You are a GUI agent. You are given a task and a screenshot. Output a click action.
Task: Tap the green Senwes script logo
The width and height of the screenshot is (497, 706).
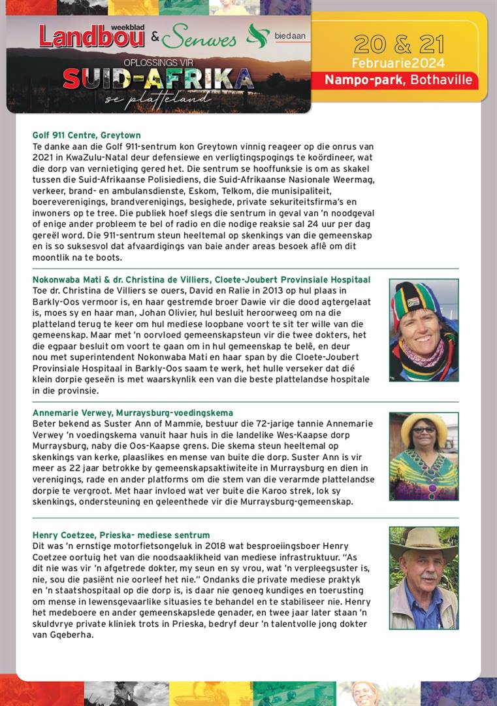coord(199,39)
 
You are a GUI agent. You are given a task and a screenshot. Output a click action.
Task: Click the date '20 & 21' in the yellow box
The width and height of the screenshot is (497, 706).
coord(398,44)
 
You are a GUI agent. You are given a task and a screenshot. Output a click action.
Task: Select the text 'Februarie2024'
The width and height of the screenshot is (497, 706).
coord(398,63)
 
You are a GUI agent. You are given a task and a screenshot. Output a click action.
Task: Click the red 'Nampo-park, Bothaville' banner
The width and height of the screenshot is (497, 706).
coord(402,80)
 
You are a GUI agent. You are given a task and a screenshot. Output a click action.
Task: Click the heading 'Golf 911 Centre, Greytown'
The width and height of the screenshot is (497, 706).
coord(86,135)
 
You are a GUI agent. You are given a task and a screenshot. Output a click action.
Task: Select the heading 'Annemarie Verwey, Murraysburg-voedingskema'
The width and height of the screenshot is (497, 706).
coord(133,413)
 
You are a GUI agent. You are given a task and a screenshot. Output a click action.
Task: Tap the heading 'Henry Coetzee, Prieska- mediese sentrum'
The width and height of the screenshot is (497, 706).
coord(121,535)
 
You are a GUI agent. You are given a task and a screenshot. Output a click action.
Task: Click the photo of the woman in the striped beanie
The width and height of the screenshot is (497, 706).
coord(423,330)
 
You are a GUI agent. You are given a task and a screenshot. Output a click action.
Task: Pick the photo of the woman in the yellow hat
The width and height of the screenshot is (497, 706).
coord(423,456)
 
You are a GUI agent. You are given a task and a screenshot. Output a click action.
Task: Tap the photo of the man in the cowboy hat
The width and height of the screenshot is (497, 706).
coord(423,577)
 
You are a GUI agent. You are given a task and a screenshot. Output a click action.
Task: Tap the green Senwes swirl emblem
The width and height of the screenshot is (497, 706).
coord(257,35)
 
